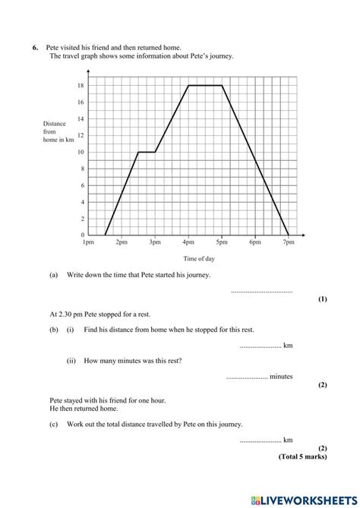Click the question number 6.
pyautogui.click(x=35, y=48)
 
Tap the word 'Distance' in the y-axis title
pyautogui.click(x=55, y=123)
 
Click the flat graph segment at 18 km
pyautogui.click(x=205, y=86)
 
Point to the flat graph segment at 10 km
pyautogui.click(x=147, y=152)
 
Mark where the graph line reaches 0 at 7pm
pyautogui.click(x=288, y=235)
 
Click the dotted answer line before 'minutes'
pyautogui.click(x=247, y=377)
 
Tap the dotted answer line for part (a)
pyautogui.click(x=261, y=291)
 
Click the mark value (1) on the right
pyautogui.click(x=322, y=299)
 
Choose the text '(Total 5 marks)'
pyautogui.click(x=303, y=458)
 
